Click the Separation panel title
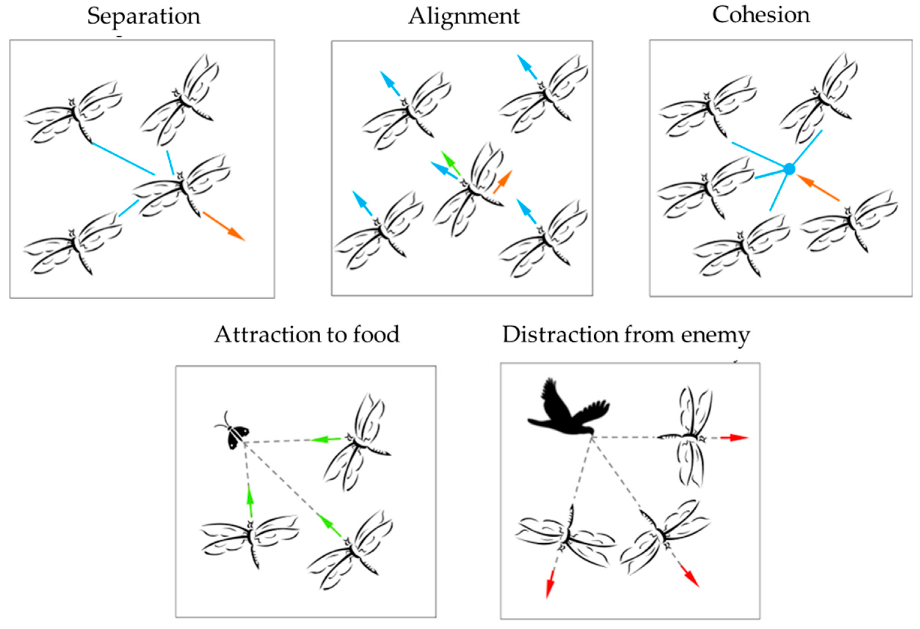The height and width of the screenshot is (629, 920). (144, 16)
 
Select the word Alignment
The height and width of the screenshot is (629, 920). (464, 16)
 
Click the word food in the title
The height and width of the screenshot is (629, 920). (376, 335)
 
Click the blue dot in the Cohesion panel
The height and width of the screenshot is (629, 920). (789, 169)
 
